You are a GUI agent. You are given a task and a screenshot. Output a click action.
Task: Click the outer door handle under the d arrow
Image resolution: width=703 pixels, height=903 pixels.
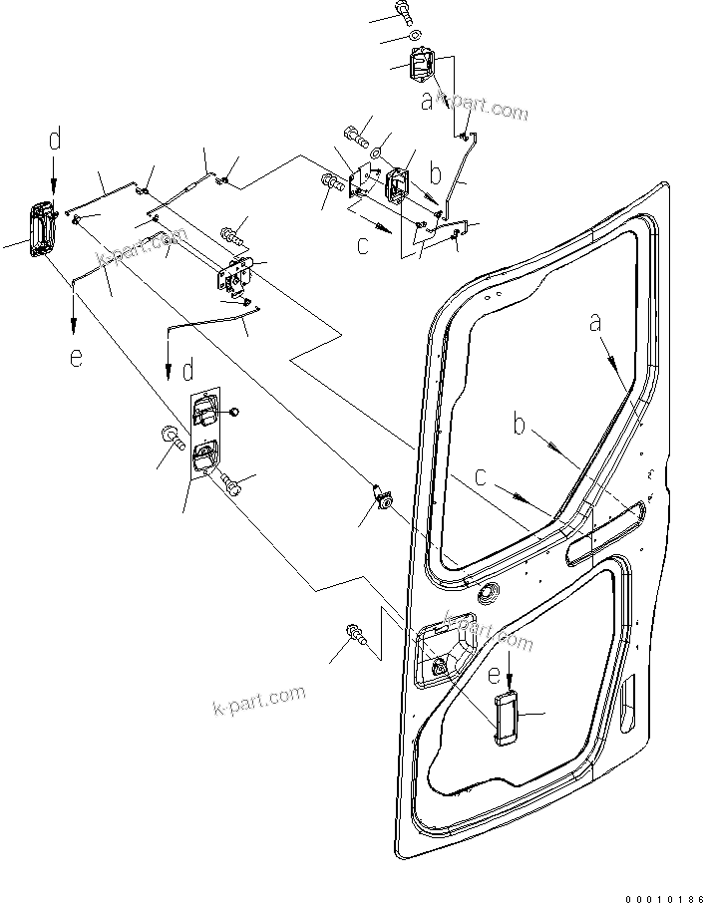click(41, 232)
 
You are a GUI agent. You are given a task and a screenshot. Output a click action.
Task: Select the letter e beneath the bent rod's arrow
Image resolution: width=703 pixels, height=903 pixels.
click(76, 357)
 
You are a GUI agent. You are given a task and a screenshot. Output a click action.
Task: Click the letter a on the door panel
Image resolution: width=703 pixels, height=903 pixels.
click(596, 323)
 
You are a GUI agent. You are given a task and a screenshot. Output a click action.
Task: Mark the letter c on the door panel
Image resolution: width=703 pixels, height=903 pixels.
click(482, 476)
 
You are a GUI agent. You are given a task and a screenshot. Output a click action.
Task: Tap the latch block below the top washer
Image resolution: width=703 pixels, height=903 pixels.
click(423, 72)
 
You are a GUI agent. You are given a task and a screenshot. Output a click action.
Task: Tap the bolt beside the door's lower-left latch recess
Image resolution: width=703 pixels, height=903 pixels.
click(354, 633)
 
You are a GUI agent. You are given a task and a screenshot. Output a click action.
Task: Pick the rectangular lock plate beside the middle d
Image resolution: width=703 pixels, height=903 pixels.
click(204, 430)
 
